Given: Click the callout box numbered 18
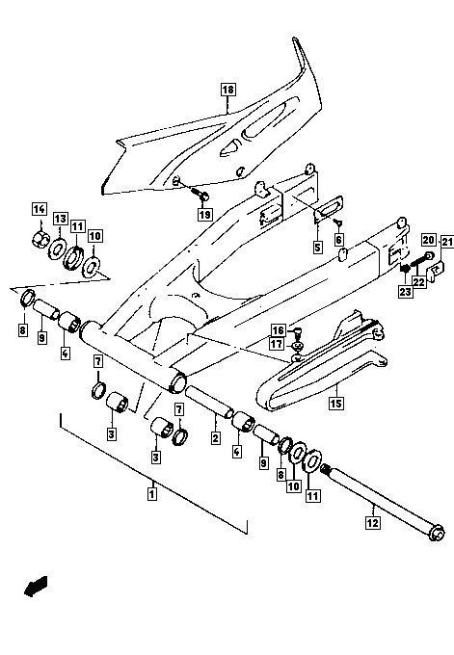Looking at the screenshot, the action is click(x=227, y=90).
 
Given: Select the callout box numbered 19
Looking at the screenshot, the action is click(x=205, y=215).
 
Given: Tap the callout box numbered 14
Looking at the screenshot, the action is click(x=40, y=209).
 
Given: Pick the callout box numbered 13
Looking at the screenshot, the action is click(x=60, y=219).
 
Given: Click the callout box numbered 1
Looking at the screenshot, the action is click(x=152, y=494).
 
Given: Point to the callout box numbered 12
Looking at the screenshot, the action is click(x=373, y=522).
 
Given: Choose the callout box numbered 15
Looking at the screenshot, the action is click(x=336, y=403).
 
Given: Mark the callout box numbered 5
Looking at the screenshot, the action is click(x=318, y=247).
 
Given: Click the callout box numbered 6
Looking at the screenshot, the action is click(x=338, y=239).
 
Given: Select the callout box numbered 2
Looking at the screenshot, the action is click(x=216, y=437).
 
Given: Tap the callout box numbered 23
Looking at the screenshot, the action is click(x=405, y=291).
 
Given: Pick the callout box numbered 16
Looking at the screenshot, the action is click(x=278, y=330).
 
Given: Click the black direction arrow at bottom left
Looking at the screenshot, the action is click(x=36, y=586).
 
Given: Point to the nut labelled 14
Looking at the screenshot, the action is click(x=39, y=239).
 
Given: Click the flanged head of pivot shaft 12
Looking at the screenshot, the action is click(x=438, y=534).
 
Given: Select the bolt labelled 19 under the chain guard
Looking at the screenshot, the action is click(x=200, y=194).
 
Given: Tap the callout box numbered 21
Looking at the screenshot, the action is click(x=447, y=242).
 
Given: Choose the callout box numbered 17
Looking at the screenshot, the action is click(x=277, y=344).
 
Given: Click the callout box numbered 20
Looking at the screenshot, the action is click(x=429, y=239).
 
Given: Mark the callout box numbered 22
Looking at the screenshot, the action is click(x=419, y=282).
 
